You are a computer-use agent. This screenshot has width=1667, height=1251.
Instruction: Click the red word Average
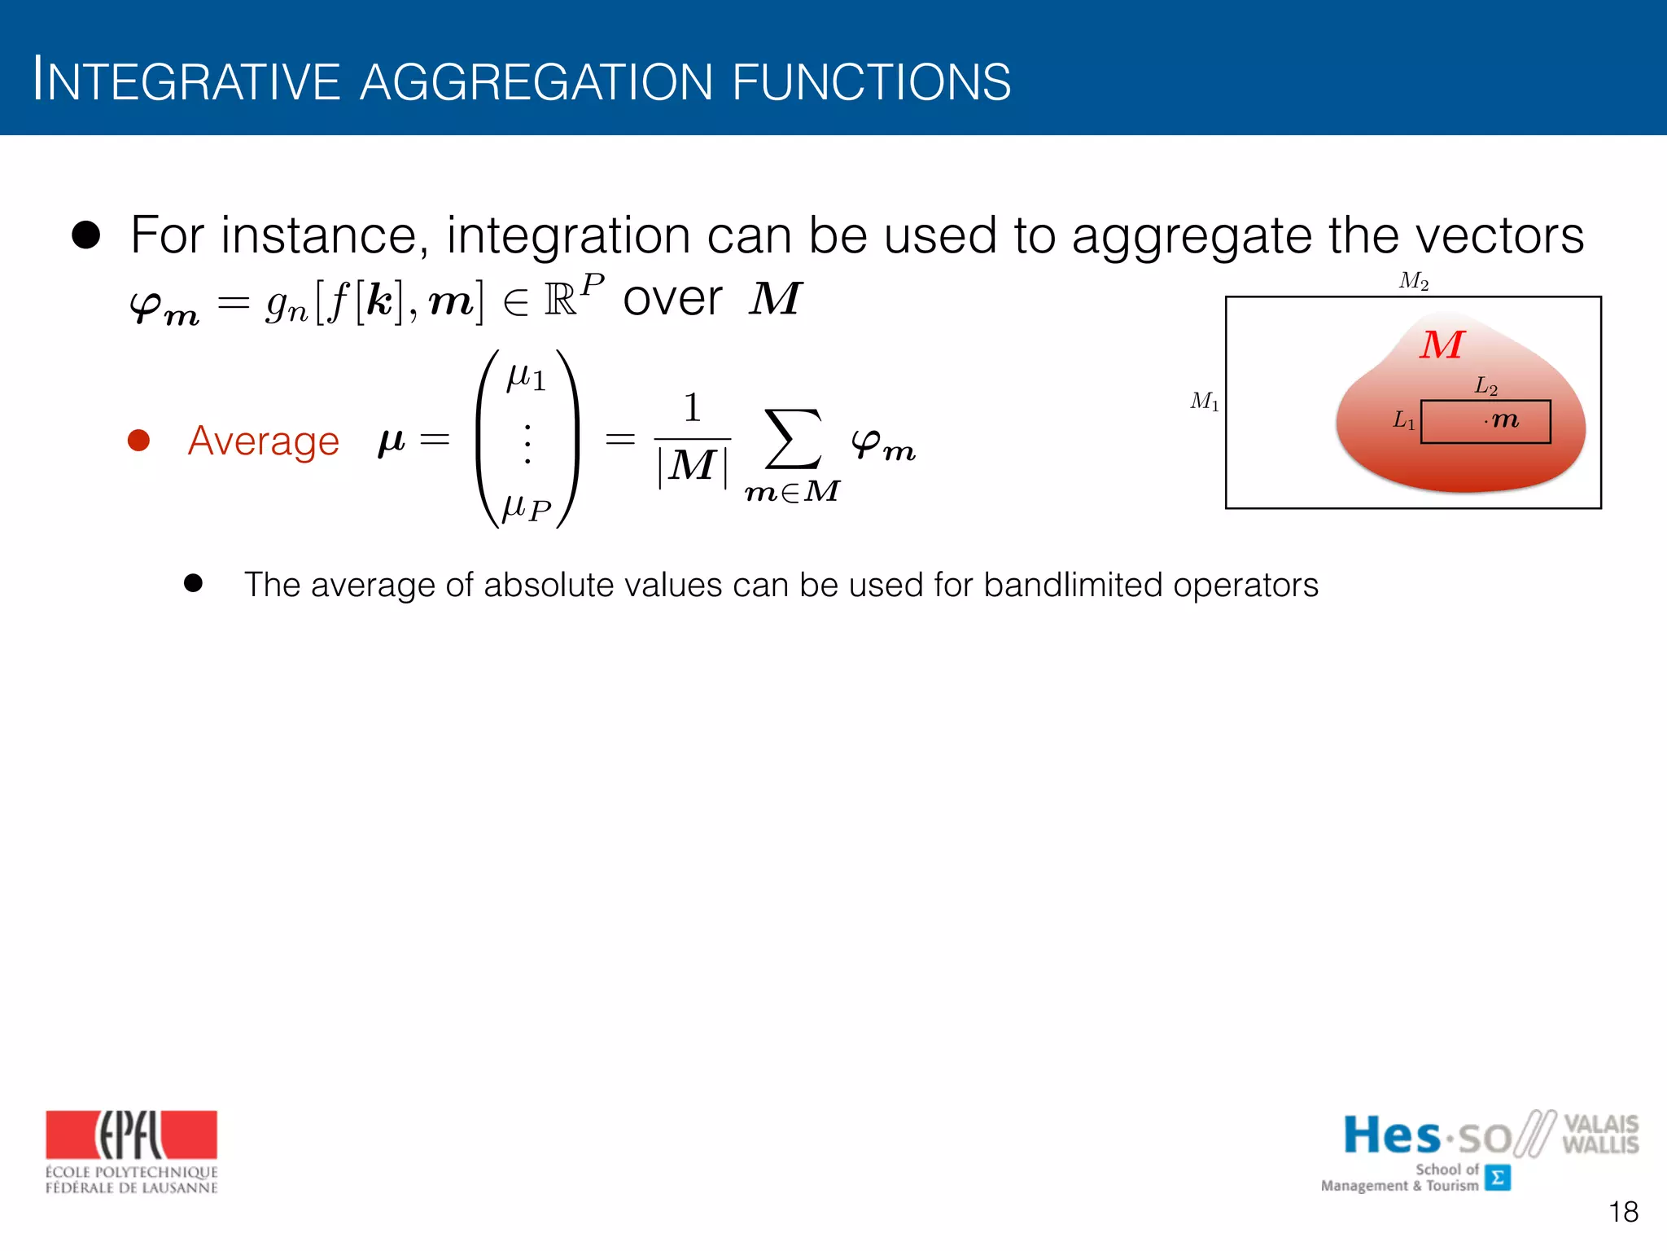(263, 441)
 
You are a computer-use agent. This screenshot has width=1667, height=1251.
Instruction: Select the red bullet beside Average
(139, 441)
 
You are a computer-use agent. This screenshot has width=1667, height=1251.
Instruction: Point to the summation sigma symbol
(792, 440)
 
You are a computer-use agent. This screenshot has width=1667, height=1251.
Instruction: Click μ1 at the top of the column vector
(526, 378)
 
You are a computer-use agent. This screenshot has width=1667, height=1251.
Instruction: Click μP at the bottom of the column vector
(527, 508)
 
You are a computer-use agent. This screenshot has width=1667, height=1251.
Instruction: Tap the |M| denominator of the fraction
(693, 467)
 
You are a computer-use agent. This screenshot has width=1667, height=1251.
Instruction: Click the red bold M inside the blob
(1442, 345)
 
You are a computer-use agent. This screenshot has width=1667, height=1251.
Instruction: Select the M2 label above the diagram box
(1414, 282)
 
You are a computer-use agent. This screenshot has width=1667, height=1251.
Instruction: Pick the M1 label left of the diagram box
(1205, 402)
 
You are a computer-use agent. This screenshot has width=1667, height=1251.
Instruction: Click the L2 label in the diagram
(1485, 386)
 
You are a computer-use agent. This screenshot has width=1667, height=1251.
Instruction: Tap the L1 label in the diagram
(1404, 420)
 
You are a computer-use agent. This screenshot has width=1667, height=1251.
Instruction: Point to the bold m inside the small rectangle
(1505, 420)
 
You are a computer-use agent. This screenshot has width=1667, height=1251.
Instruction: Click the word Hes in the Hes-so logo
(1391, 1135)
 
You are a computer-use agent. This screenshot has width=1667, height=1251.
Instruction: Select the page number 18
(1623, 1212)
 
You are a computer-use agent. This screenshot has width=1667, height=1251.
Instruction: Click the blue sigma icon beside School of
(1497, 1178)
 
